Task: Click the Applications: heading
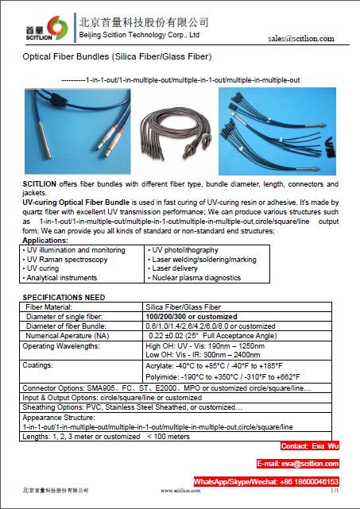45,240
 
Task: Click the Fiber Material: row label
56,307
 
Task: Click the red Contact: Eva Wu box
310,446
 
